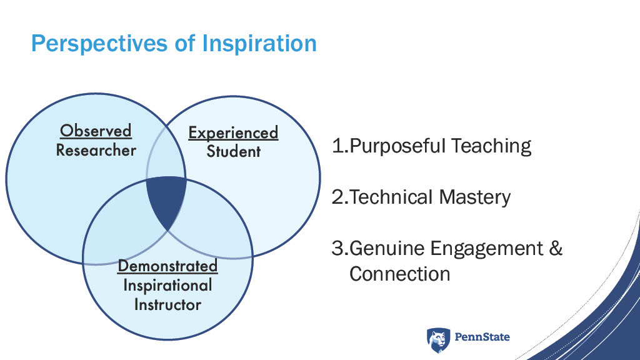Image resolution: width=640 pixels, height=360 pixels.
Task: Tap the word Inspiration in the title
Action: [259, 43]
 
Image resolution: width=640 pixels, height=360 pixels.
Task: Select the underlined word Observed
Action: [96, 131]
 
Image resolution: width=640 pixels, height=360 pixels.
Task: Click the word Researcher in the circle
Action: [96, 150]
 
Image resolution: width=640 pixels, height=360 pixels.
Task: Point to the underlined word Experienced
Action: [233, 133]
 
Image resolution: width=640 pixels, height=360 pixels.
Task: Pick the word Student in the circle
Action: [234, 151]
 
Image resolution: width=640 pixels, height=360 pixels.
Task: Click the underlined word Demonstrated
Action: [167, 266]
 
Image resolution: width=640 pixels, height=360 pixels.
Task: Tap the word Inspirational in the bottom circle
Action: [167, 285]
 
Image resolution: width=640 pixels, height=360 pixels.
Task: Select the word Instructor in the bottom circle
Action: [167, 304]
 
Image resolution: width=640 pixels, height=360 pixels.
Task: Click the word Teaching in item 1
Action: [491, 146]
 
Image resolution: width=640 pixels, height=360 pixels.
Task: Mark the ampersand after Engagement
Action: [556, 248]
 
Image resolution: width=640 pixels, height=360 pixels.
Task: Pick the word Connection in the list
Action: [399, 274]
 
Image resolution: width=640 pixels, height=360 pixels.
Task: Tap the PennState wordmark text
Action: [482, 337]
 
